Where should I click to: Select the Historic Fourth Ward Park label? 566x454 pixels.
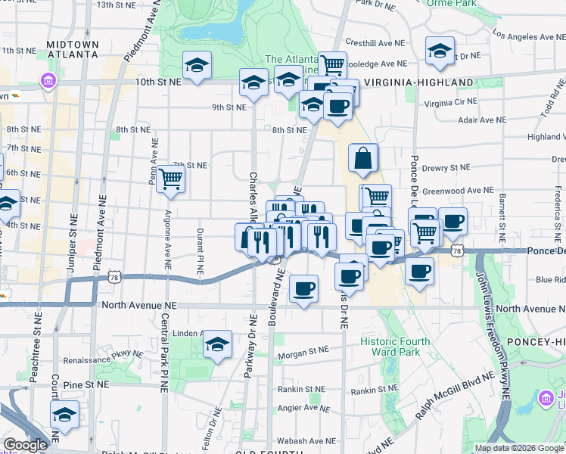point(394,347)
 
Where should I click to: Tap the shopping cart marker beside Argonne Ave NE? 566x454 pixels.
point(171,179)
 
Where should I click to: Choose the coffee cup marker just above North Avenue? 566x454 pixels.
point(303,288)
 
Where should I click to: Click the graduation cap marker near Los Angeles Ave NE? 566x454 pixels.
point(440,51)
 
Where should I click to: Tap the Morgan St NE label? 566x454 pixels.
point(303,350)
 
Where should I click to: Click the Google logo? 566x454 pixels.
point(25,446)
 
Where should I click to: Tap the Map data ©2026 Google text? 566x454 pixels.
point(519,448)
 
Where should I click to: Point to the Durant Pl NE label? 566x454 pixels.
point(200,251)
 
